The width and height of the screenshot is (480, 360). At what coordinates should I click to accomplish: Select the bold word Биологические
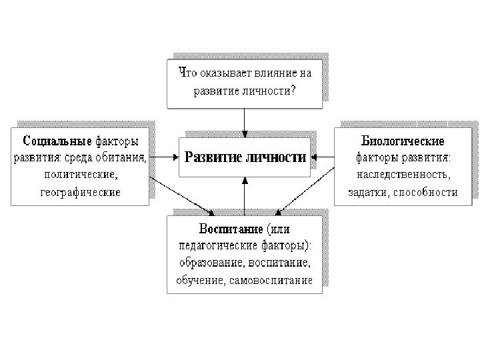point(403,141)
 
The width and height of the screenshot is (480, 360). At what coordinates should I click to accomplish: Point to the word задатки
point(368,193)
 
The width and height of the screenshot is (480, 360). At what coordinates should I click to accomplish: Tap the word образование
point(211,263)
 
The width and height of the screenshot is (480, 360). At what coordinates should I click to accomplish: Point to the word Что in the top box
point(186,71)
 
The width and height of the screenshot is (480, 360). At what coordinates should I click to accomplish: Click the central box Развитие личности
point(244,158)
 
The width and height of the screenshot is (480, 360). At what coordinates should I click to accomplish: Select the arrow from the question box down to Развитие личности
point(245,121)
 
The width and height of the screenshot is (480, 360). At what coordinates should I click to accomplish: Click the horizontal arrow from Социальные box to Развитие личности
point(163,158)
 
